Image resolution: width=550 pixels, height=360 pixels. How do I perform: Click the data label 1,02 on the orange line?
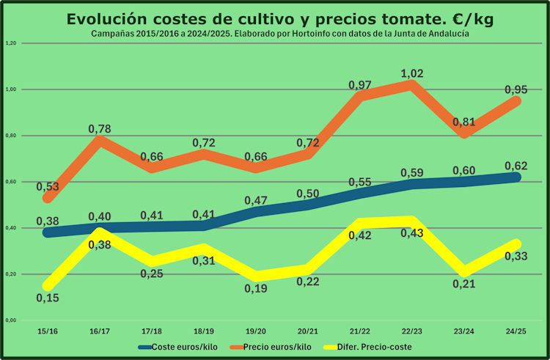point(412,73)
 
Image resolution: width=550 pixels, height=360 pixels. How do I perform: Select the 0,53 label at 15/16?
point(48,187)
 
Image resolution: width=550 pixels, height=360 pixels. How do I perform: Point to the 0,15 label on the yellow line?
point(48,298)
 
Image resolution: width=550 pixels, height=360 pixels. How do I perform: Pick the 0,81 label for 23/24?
point(460,122)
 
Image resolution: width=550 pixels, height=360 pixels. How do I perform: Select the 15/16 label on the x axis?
point(48,332)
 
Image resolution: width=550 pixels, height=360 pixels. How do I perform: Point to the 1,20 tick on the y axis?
point(10,43)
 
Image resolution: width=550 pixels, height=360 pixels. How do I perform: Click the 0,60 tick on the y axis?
point(10,182)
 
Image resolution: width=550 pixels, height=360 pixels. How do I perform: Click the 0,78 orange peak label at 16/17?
point(100,129)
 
